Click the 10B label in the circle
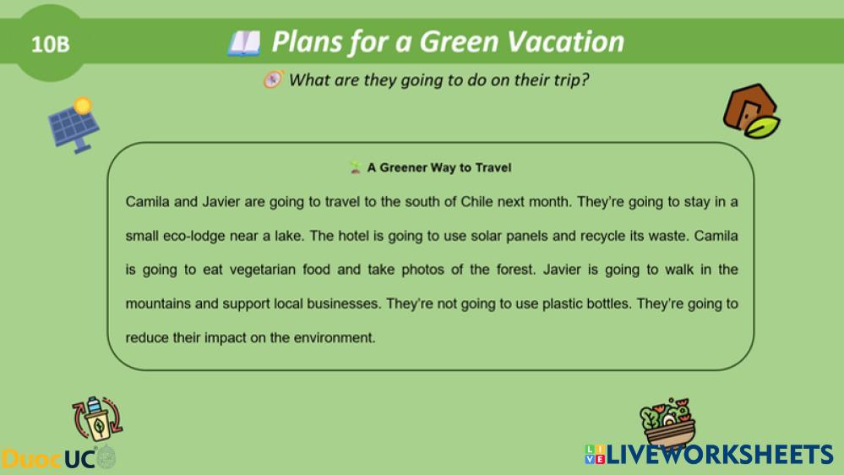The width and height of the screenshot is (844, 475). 50,44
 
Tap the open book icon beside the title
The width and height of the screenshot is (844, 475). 244,43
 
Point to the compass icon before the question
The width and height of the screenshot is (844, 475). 273,79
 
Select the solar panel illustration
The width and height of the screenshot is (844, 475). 74,125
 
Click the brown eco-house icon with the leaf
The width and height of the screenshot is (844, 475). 751,111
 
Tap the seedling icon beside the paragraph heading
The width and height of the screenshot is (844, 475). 355,167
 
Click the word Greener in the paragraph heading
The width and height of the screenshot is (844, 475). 403,167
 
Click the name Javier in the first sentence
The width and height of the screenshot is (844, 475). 221,202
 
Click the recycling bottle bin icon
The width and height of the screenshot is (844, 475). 97,418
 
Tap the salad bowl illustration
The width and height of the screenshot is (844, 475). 668,422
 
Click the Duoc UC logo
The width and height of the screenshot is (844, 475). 58,458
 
